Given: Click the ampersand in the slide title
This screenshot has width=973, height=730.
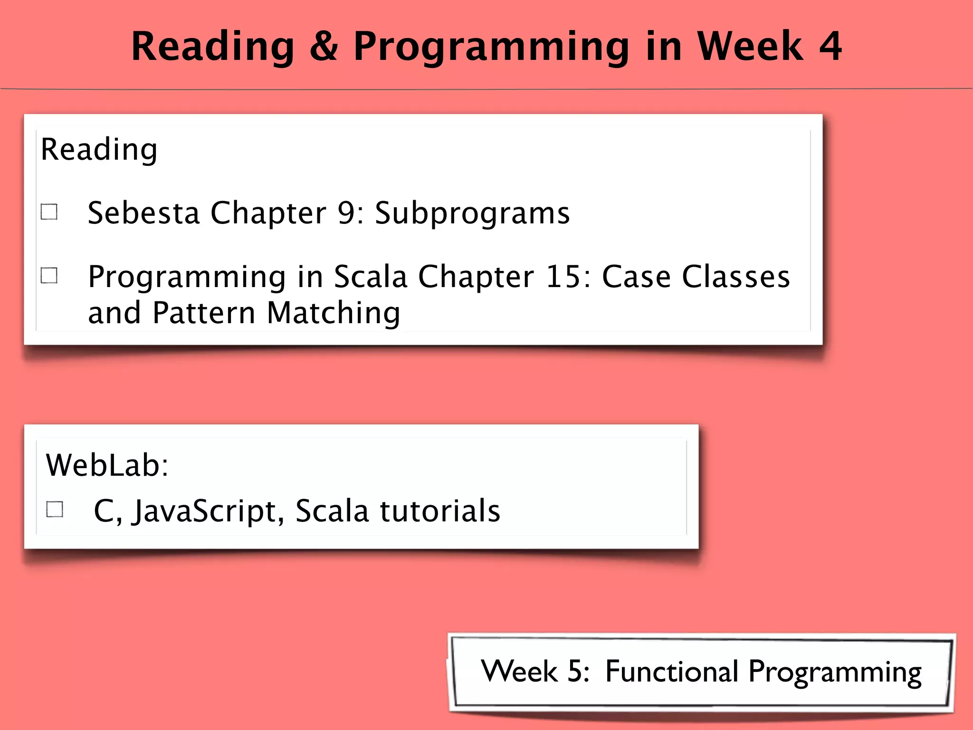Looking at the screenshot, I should [x=324, y=46].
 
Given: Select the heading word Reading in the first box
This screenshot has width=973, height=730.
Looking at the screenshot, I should [x=99, y=150].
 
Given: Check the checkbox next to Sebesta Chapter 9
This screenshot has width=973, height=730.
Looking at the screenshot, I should [x=49, y=212].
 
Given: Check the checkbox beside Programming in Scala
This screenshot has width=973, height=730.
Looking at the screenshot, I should [x=49, y=275].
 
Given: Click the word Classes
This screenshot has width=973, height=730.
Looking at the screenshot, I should [x=736, y=276].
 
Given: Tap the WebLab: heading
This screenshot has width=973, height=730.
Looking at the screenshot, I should [x=107, y=465].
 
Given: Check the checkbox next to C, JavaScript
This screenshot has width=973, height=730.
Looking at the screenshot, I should [x=55, y=509].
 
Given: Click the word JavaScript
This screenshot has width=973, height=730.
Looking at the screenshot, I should [x=209, y=511].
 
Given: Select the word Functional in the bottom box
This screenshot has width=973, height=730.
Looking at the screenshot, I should [x=672, y=671].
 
